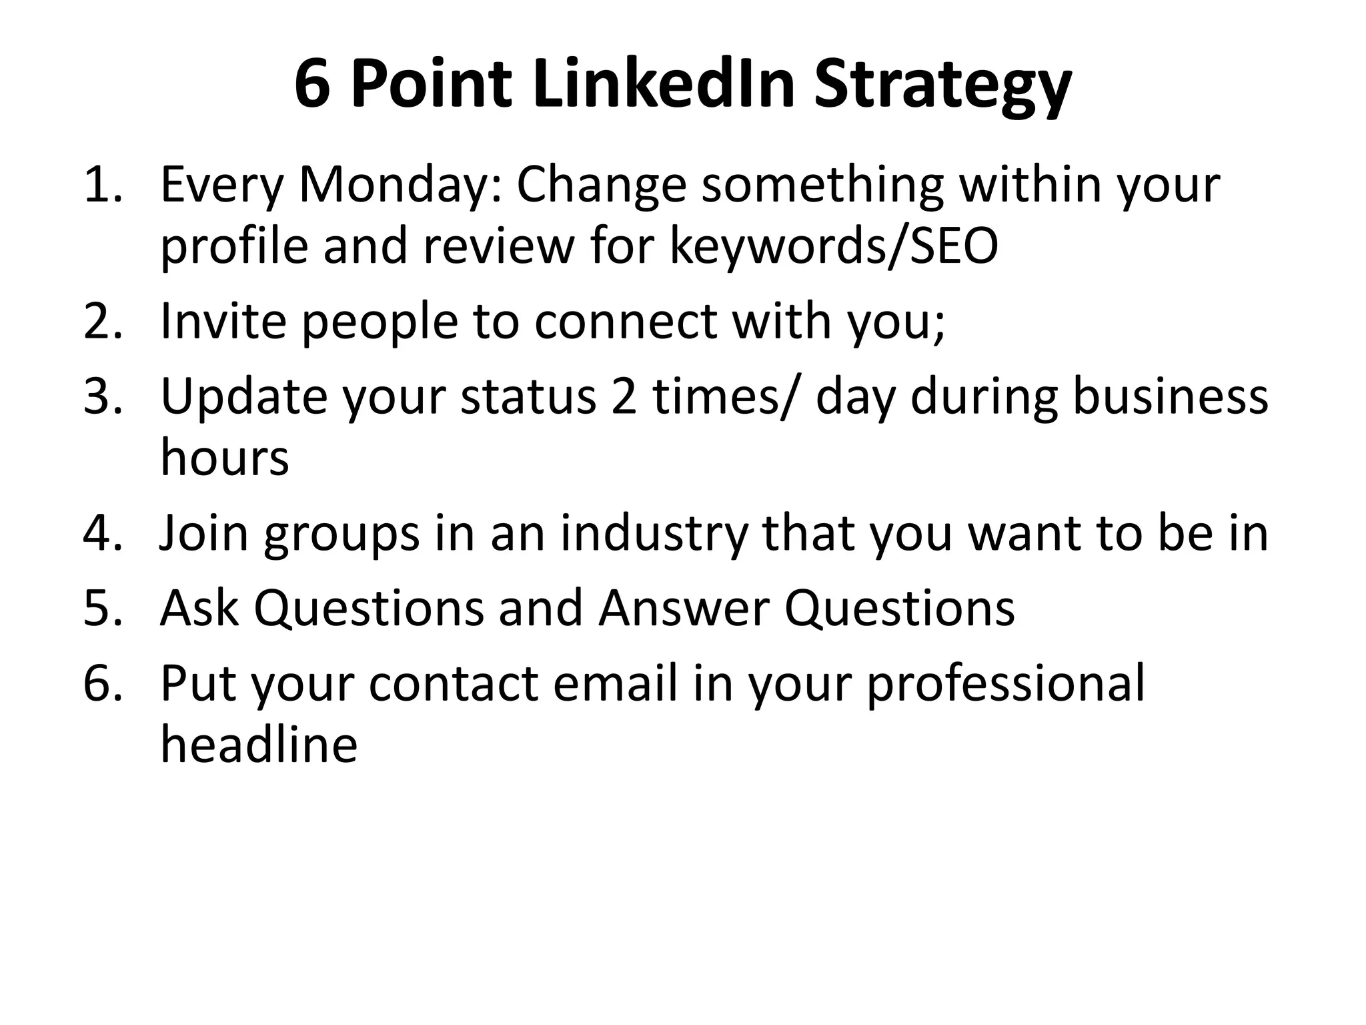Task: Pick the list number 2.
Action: pyautogui.click(x=101, y=322)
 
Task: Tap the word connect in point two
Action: pyautogui.click(x=626, y=322)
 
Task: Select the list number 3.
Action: pyautogui.click(x=101, y=396)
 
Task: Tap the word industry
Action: pyautogui.click(x=654, y=535)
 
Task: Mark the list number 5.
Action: pyautogui.click(x=101, y=608)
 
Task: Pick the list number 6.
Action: pyautogui.click(x=101, y=683)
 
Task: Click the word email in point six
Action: pyautogui.click(x=615, y=683)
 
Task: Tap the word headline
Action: pyautogui.click(x=259, y=744)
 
